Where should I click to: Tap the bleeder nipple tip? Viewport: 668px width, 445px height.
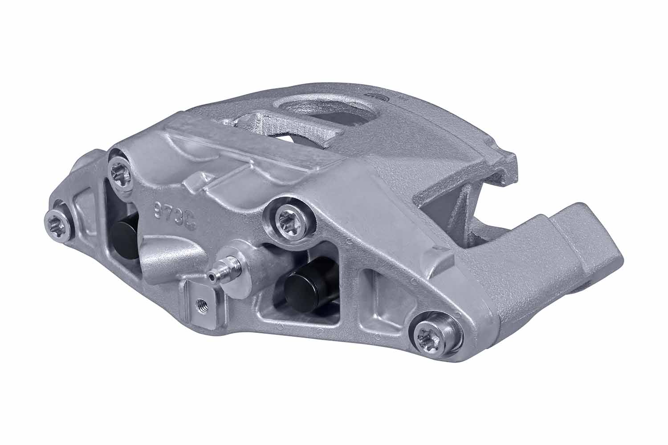tap(212, 277)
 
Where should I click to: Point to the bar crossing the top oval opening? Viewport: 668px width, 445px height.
tap(285, 122)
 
